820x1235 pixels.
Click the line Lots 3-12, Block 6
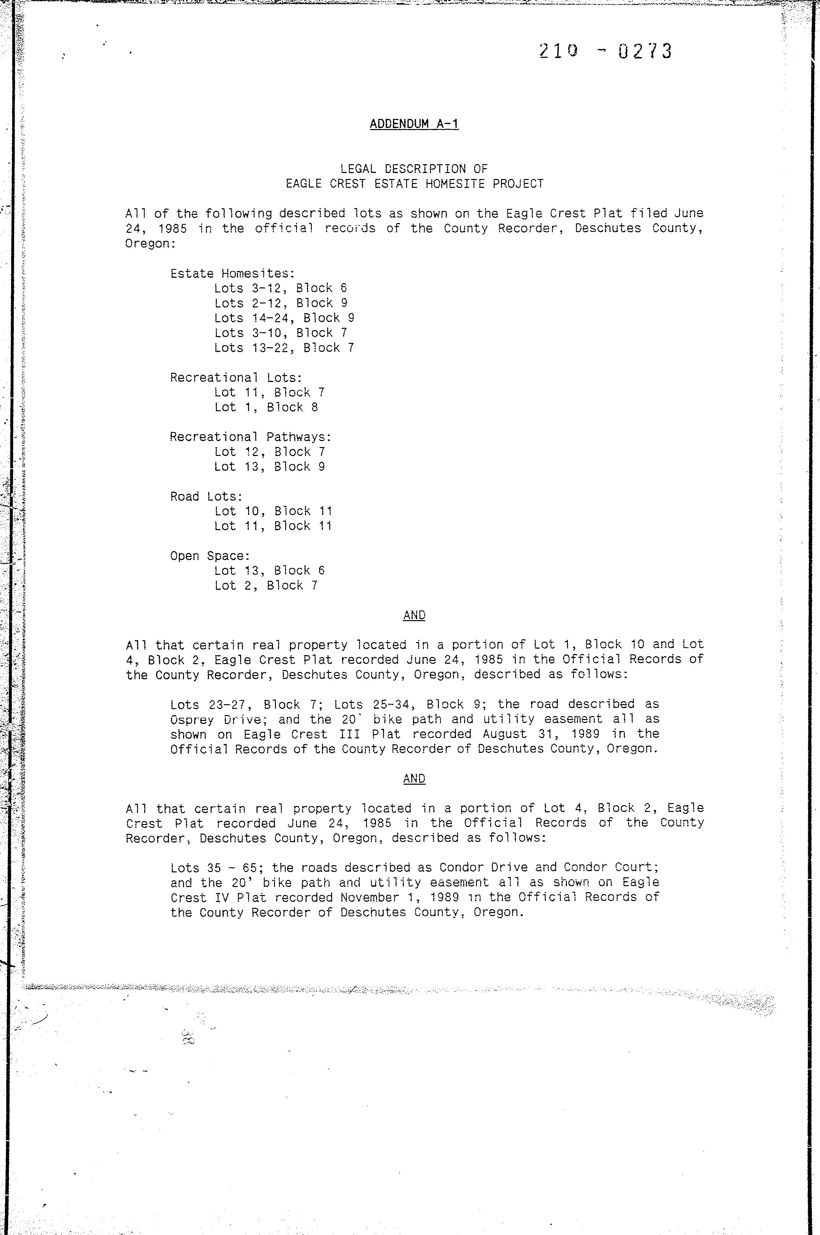(280, 288)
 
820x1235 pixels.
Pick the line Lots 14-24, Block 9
(284, 318)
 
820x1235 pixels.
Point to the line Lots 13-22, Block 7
(284, 348)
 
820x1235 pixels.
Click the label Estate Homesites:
(233, 274)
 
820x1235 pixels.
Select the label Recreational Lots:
(236, 377)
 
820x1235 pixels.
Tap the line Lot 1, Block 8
(266, 407)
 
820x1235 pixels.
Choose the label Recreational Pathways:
(250, 437)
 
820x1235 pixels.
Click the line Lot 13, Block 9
(269, 466)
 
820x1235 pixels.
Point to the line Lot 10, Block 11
(273, 511)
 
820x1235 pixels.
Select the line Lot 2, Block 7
(266, 586)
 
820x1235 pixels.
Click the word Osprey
(192, 719)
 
